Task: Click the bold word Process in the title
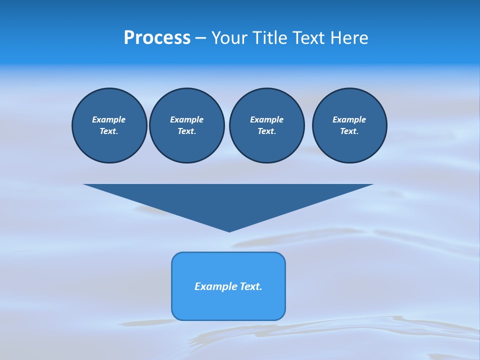pos(157,38)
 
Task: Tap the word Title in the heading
pos(268,38)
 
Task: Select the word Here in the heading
pos(349,38)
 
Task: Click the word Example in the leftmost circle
pos(109,119)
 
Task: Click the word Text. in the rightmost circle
pos(349,131)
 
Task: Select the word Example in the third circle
pos(266,119)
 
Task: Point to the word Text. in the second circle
pos(186,131)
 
